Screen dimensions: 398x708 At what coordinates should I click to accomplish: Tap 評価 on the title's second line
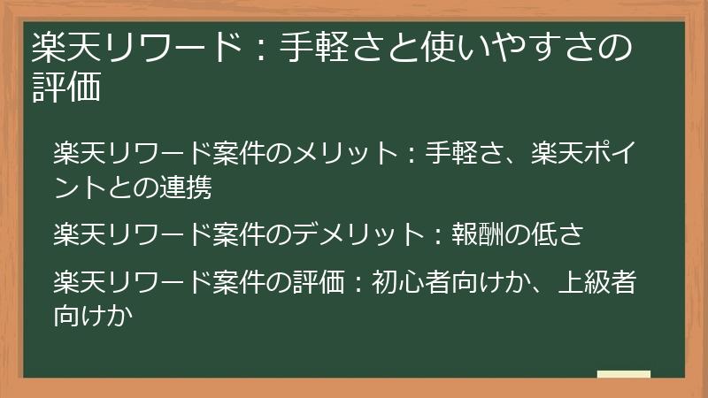coord(64,88)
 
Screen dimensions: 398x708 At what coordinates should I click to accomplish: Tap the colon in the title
coord(258,49)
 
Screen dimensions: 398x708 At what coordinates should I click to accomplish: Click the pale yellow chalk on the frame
coord(623,374)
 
